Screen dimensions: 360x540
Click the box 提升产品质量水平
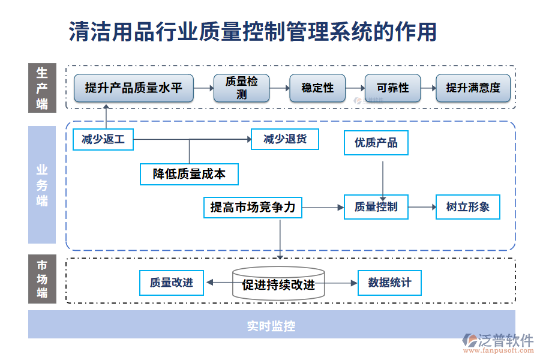(134, 88)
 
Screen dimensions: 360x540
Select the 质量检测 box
(242, 88)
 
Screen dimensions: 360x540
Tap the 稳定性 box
(317, 88)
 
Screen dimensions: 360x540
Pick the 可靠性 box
(393, 88)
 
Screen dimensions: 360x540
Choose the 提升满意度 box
(473, 88)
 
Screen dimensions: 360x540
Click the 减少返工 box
(103, 139)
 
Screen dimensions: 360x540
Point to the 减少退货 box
(285, 139)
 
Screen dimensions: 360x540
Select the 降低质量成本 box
(189, 174)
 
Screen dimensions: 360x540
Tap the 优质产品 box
(376, 143)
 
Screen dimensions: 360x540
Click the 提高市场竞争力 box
(253, 208)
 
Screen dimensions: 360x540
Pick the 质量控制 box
(376, 207)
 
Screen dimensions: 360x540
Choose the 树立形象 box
(468, 207)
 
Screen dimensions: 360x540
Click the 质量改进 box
(172, 283)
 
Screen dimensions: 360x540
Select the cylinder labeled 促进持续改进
(278, 284)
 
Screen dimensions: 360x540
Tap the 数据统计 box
(390, 283)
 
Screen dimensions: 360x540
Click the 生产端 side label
(42, 88)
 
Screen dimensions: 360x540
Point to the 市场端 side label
(42, 280)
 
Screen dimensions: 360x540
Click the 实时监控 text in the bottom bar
(271, 326)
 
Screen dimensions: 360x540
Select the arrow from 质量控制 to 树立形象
(422, 207)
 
